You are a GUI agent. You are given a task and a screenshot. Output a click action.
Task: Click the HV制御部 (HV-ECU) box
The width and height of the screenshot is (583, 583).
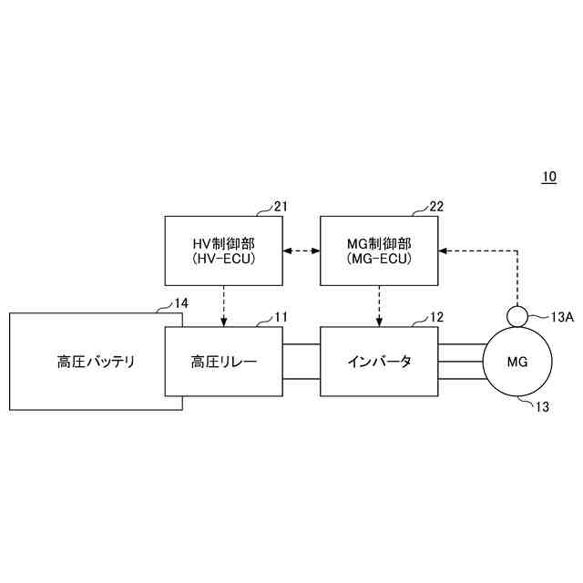point(223,251)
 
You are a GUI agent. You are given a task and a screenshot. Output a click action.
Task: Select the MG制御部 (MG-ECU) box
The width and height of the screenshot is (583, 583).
point(379,251)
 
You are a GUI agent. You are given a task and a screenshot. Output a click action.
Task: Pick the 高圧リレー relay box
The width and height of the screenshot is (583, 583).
point(223,362)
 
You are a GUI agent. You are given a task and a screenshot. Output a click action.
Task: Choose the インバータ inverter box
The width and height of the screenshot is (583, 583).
point(379,362)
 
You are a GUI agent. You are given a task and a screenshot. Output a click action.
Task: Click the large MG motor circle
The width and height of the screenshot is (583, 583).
point(517,362)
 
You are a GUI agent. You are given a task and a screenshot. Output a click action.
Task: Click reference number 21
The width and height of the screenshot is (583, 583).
point(281,207)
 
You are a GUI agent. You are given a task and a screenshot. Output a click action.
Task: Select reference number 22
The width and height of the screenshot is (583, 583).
point(436,207)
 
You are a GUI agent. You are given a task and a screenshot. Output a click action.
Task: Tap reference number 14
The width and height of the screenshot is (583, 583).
point(181,302)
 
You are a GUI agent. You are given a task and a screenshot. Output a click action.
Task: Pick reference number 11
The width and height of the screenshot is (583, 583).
point(281,317)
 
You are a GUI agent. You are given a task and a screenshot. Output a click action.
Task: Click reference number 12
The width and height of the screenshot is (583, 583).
point(436,317)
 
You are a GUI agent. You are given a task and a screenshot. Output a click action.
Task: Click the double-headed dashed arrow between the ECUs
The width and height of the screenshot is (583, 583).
point(302,250)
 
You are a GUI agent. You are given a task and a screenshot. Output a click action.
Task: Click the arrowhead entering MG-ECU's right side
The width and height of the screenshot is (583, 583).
point(444,250)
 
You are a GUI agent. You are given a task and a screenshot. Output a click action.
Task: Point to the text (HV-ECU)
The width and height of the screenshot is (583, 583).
point(223,261)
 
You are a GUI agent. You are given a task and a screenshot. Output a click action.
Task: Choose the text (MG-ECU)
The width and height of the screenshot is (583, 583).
point(379,261)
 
